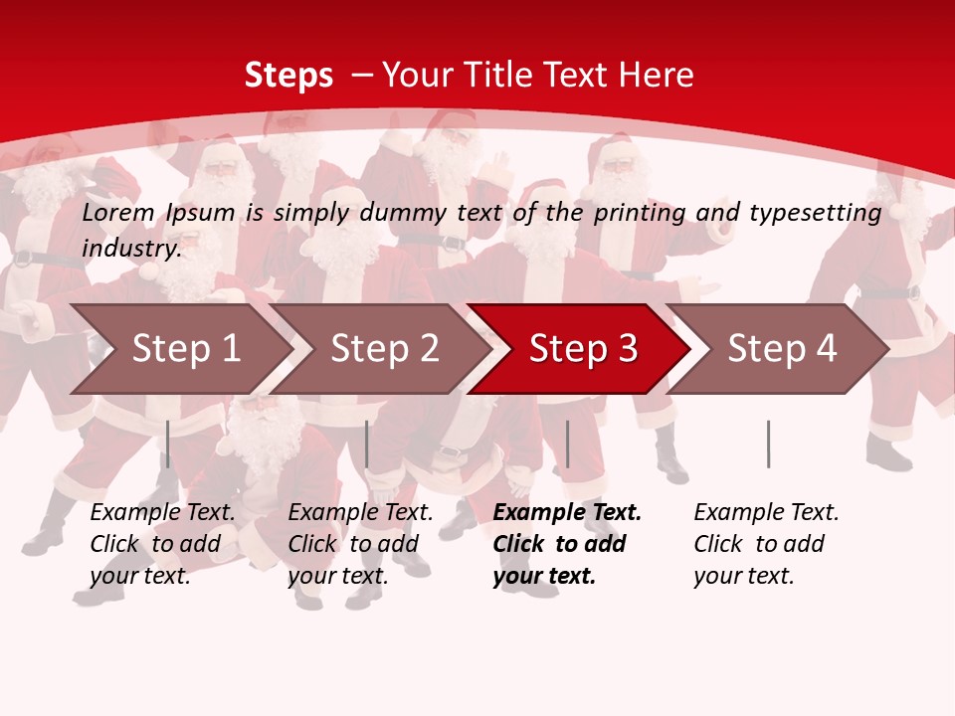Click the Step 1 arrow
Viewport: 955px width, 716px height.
coord(184,349)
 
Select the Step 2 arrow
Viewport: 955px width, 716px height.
coord(383,349)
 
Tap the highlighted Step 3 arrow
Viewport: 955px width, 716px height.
coord(582,349)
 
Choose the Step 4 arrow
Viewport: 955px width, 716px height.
coord(781,349)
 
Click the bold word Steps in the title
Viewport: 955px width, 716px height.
coord(288,76)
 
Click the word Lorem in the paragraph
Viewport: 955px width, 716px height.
coord(118,213)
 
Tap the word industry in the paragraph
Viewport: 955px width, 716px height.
coord(131,249)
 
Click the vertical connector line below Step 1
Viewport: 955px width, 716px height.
coord(168,444)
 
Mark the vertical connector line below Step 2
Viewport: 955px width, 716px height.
coord(367,444)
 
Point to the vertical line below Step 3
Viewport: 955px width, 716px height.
coord(567,444)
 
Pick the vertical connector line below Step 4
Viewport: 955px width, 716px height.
coord(768,444)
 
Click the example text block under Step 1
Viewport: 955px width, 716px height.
coord(162,544)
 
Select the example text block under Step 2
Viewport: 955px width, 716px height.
coord(360,544)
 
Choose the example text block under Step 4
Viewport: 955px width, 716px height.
coord(766,544)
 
